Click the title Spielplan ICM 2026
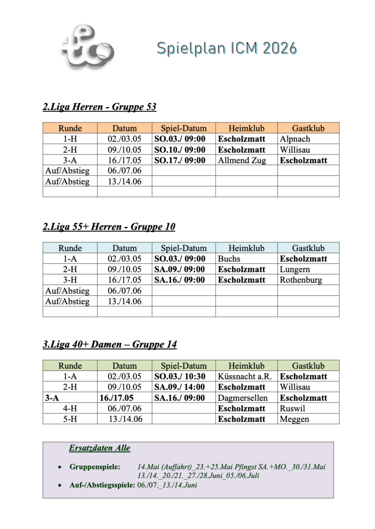click(226, 48)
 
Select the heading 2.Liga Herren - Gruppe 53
click(100, 107)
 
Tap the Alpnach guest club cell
click(295, 139)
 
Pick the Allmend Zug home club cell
click(242, 160)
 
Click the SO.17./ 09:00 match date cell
click(180, 160)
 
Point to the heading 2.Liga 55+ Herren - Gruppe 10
click(109, 227)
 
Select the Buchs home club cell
click(229, 259)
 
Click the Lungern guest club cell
click(295, 269)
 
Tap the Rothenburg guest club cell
click(301, 280)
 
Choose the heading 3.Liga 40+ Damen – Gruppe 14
click(110, 345)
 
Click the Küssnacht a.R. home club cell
click(245, 376)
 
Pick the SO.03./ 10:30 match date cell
click(180, 376)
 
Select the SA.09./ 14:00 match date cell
click(180, 387)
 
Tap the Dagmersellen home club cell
click(243, 398)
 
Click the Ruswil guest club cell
click(293, 408)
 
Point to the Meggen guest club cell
click(294, 419)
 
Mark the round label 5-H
click(70, 419)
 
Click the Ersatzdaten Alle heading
click(100, 448)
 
